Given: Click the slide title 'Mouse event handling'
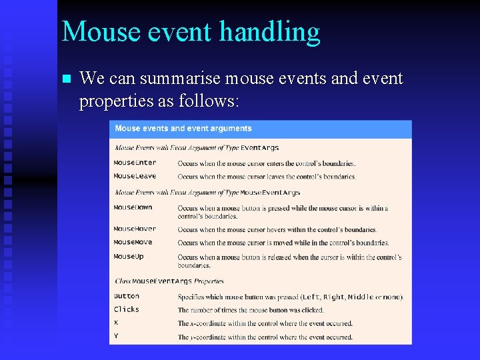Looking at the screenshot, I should [x=191, y=31].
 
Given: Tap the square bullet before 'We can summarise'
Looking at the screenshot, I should [x=65, y=79].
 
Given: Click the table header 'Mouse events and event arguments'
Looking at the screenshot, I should [x=183, y=129].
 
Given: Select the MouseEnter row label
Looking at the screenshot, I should [x=135, y=163].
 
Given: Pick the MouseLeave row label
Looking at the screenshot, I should [x=135, y=177].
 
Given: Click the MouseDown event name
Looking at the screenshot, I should [x=133, y=207].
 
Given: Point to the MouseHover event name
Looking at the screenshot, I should [x=135, y=229].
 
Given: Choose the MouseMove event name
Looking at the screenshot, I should [x=133, y=243].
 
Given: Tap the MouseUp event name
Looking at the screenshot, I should [x=129, y=257].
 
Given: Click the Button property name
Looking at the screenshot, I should [x=127, y=296].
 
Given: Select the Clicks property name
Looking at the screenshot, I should [x=127, y=309].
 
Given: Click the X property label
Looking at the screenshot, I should [x=116, y=323].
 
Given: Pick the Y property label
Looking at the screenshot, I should [x=116, y=336].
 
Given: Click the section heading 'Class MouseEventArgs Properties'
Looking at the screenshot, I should [x=169, y=281].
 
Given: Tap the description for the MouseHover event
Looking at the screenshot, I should [x=277, y=229].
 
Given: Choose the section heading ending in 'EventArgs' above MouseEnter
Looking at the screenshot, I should [x=197, y=148].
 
